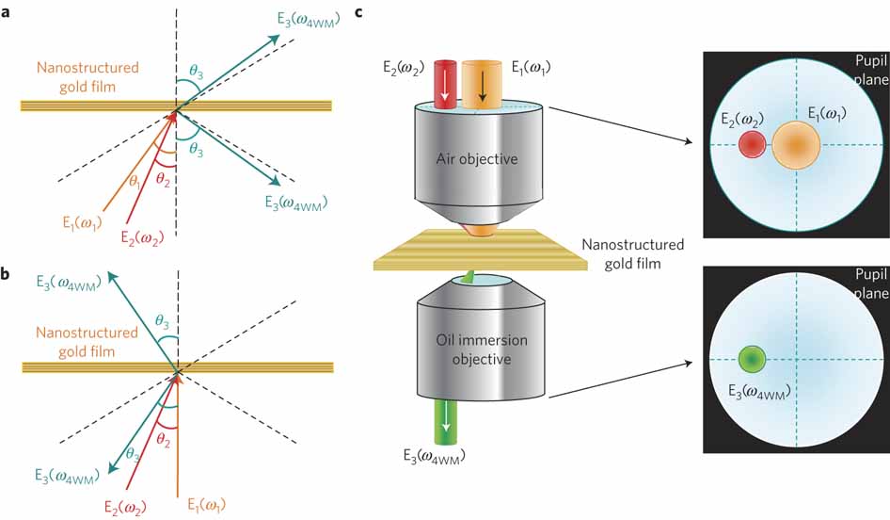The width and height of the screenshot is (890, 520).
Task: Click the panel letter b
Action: point(8,275)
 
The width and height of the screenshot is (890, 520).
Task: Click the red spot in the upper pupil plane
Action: point(752,144)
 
